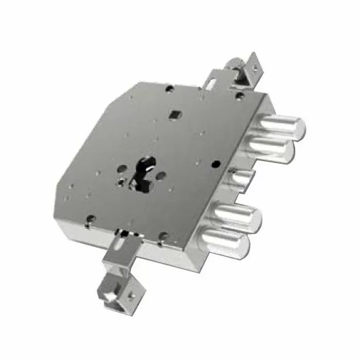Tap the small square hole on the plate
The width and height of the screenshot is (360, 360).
point(176,114)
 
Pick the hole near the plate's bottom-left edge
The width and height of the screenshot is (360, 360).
point(91,218)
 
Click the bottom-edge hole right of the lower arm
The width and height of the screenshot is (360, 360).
point(164,236)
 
